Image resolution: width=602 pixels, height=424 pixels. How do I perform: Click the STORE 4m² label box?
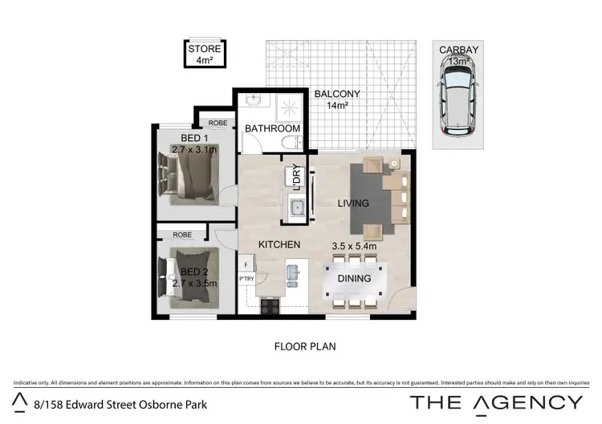203,54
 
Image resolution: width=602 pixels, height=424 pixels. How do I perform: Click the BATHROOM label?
273,128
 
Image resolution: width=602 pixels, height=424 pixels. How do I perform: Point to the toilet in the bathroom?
290,141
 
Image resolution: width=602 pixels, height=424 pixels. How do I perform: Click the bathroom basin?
254,102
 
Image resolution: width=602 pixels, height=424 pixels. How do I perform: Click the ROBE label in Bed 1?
216,123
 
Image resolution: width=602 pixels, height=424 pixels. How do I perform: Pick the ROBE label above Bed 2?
183,236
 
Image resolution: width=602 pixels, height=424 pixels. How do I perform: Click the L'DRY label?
296,176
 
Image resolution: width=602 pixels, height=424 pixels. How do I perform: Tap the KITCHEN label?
279,244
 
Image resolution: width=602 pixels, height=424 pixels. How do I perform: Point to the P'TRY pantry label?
246,278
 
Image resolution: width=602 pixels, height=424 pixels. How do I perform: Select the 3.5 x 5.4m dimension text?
354,246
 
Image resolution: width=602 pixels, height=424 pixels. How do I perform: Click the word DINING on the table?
354,279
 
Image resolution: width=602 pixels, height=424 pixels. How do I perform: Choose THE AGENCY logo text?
497,402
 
